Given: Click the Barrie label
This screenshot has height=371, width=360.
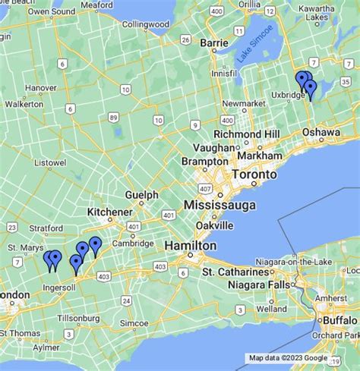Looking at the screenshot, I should [214, 43].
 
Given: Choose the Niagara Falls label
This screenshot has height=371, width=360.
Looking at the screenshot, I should [260, 285].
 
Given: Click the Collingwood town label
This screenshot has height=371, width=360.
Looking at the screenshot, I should [145, 24].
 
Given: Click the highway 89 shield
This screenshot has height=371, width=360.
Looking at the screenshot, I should [112, 117].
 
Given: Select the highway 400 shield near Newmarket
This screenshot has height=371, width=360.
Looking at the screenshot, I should [226, 121].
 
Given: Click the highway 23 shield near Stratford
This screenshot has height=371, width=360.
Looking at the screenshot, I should [12, 227].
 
